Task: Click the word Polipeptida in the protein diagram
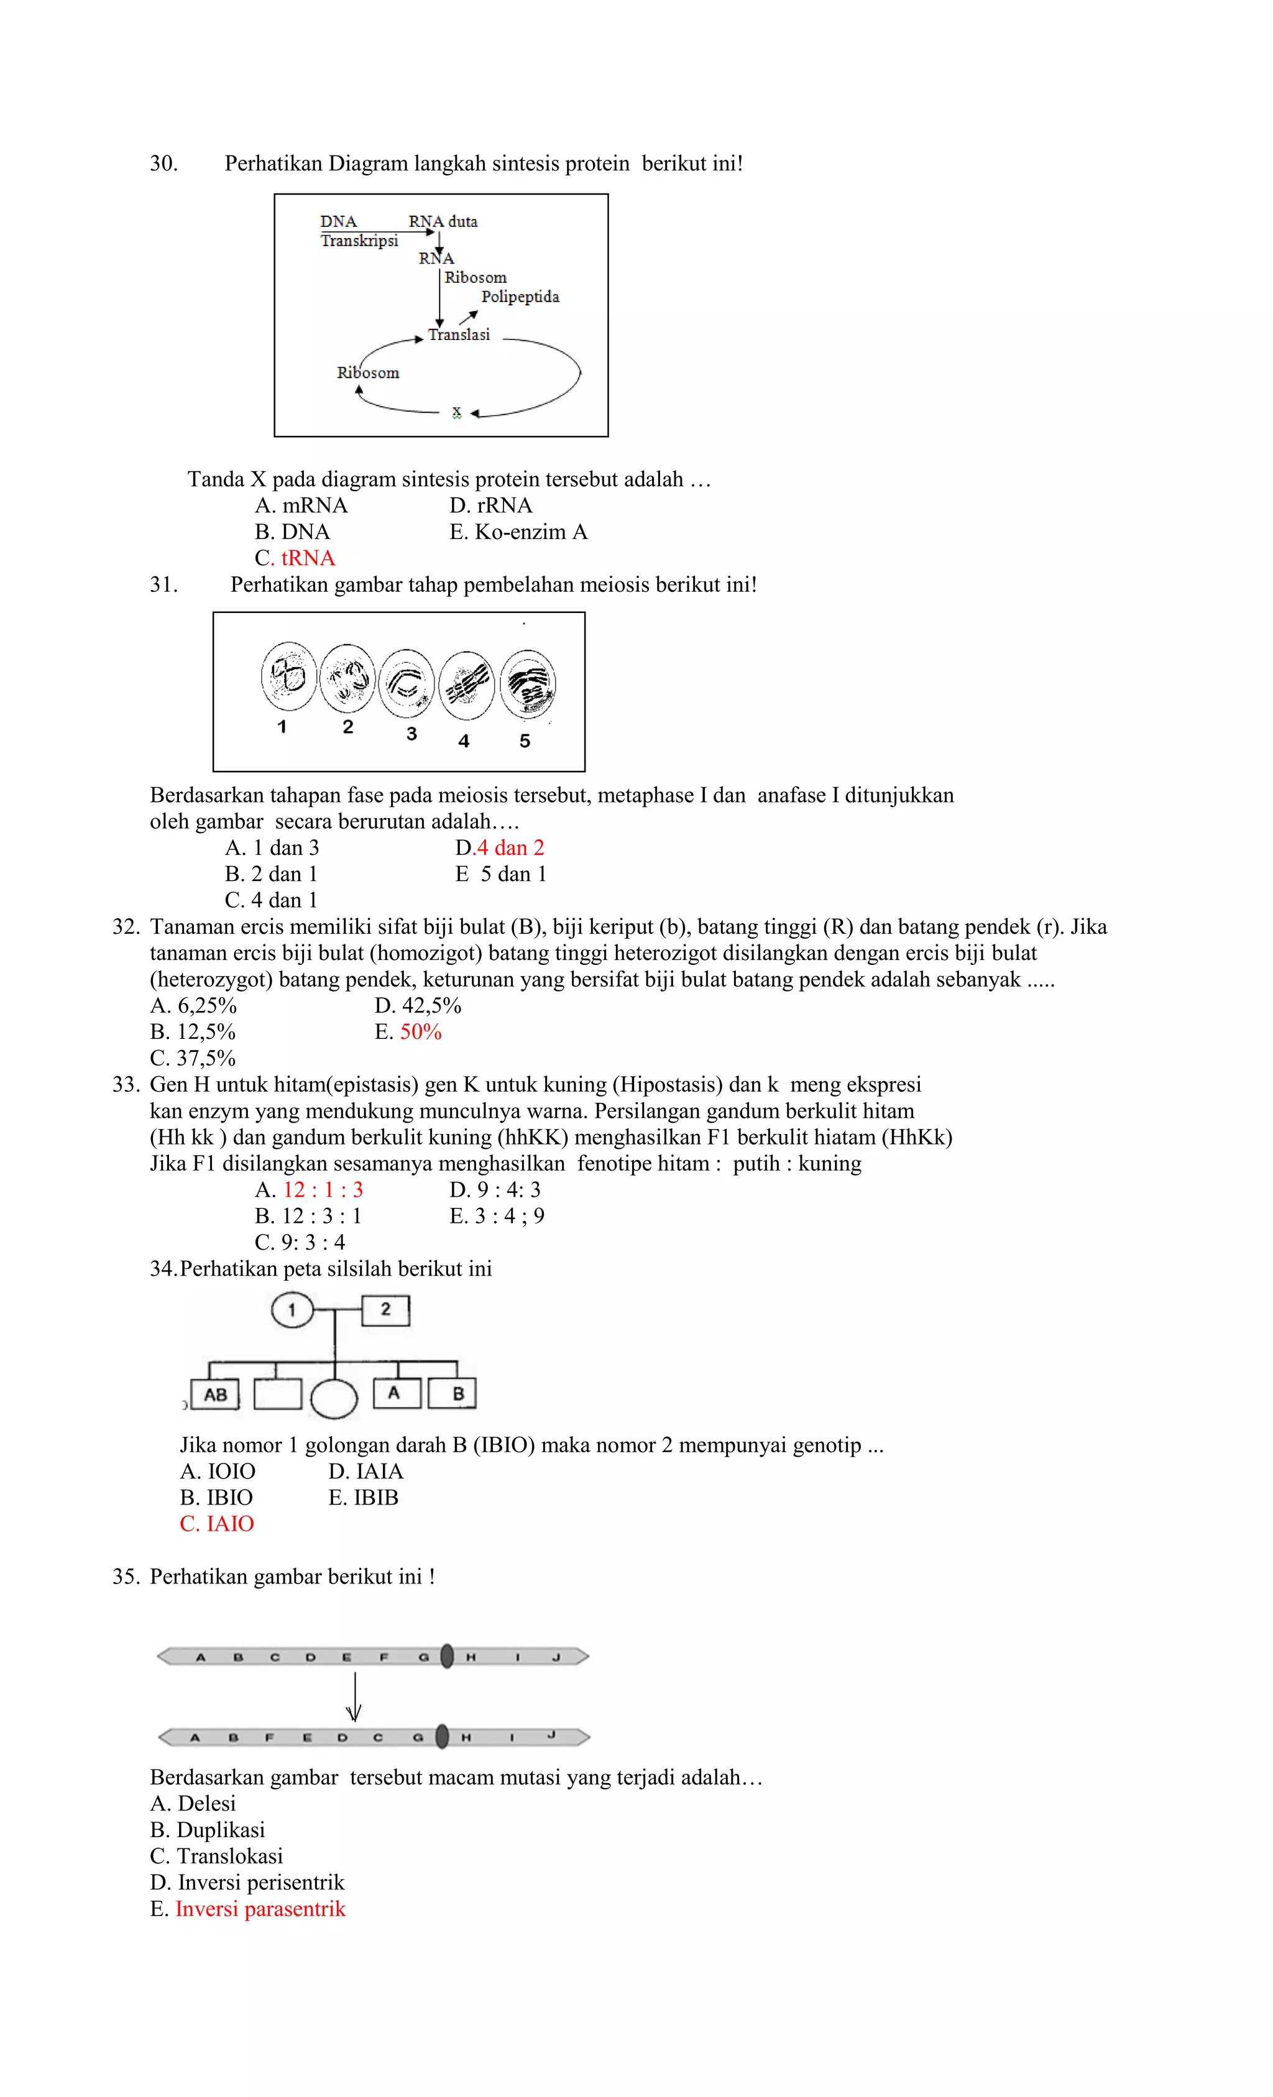click(x=520, y=297)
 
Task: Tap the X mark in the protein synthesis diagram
click(x=456, y=413)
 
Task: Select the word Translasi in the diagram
click(x=459, y=335)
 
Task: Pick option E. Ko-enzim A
click(x=518, y=532)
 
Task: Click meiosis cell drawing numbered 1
click(x=288, y=676)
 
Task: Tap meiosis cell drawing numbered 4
click(x=466, y=684)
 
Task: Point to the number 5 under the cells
click(x=525, y=741)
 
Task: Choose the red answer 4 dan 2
click(x=510, y=847)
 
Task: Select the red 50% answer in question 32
click(x=420, y=1032)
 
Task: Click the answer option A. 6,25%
click(x=194, y=1006)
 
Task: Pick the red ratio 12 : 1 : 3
click(x=323, y=1190)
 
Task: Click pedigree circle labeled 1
click(x=292, y=1310)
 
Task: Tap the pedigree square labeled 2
click(x=385, y=1310)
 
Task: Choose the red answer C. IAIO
click(x=217, y=1524)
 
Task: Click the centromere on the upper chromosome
click(x=447, y=1656)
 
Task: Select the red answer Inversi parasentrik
click(x=260, y=1909)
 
